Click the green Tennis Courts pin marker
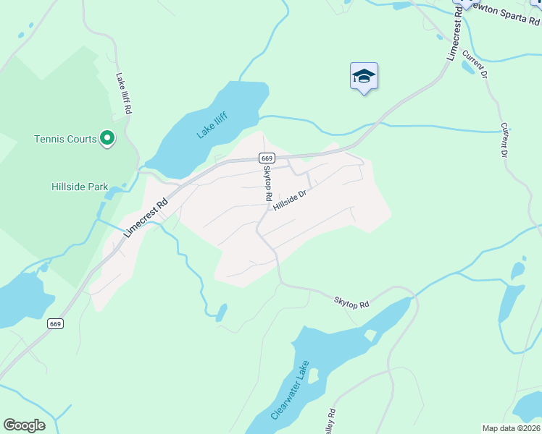tap(107, 137)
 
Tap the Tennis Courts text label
tap(65, 139)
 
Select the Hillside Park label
tap(80, 187)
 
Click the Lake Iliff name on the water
tap(212, 126)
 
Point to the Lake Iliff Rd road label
tap(123, 93)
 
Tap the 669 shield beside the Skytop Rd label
tap(266, 158)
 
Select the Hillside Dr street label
tap(291, 200)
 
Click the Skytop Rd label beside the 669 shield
tap(267, 184)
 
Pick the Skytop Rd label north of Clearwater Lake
tap(352, 302)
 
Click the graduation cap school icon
tap(364, 77)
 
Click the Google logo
tap(24, 425)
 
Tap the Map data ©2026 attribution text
tap(510, 428)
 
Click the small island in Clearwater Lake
tap(370, 335)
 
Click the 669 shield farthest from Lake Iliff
tap(56, 323)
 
